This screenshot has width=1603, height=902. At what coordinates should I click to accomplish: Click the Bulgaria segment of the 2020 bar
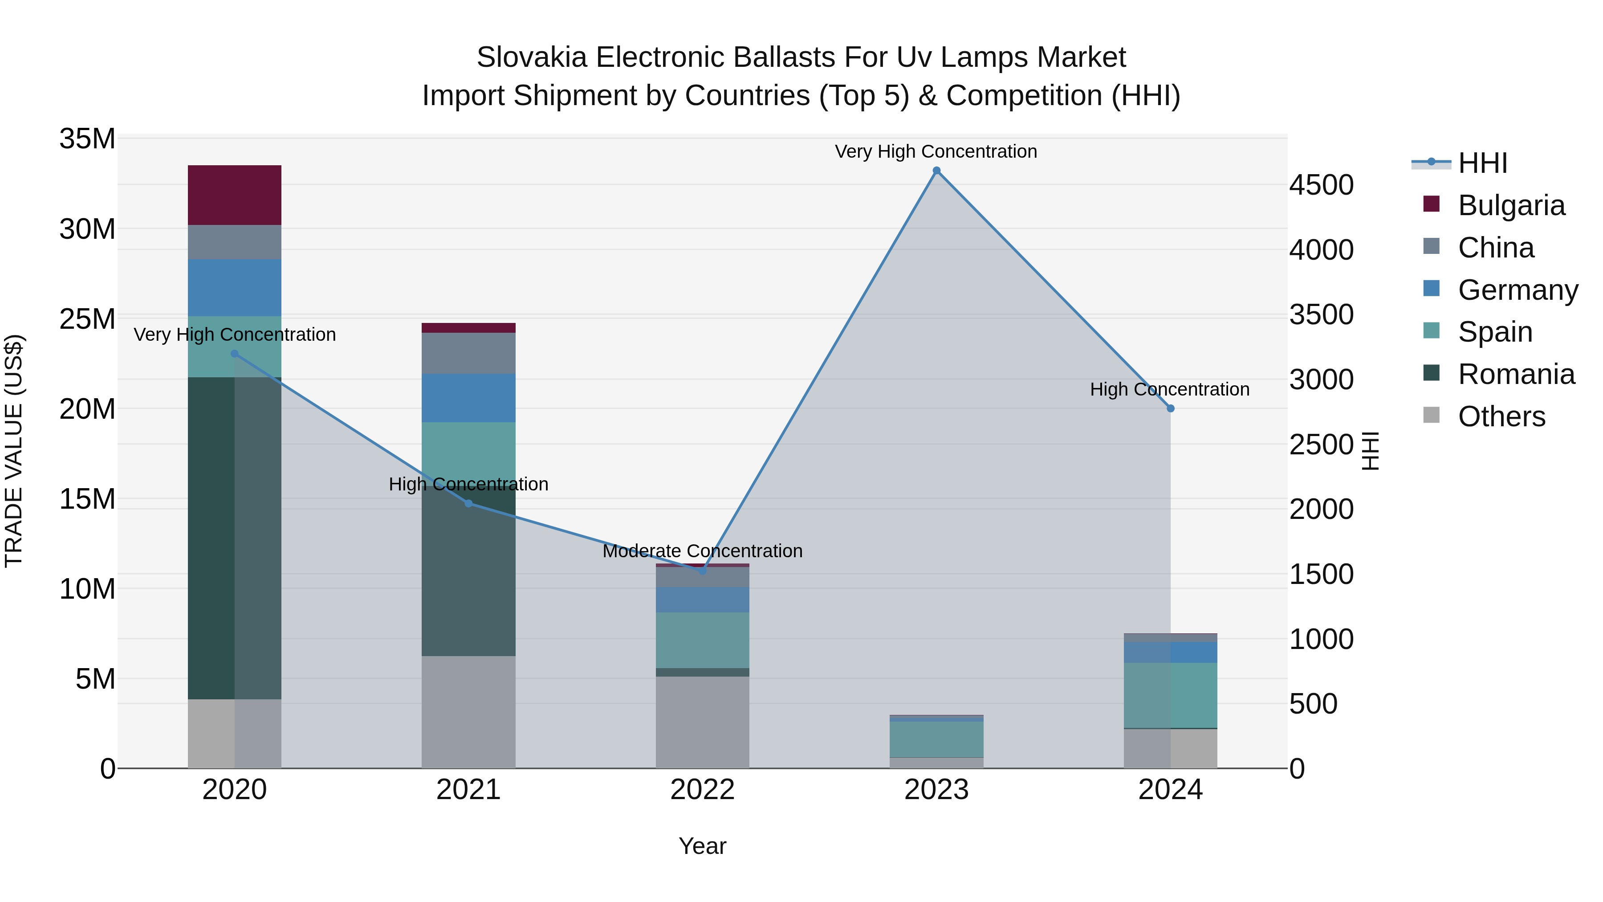point(235,195)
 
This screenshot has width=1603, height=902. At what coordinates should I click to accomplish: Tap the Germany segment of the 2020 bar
point(235,288)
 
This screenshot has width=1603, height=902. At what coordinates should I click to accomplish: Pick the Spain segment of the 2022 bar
point(703,640)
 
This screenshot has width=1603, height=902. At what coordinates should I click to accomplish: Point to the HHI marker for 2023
point(936,171)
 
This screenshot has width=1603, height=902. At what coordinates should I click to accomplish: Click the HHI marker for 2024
point(1171,408)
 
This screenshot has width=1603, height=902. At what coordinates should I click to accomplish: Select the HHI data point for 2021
point(468,503)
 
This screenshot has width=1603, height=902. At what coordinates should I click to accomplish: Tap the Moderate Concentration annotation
point(703,551)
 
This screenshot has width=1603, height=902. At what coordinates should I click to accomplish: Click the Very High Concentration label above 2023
point(936,151)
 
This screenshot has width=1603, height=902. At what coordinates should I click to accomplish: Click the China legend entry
point(1496,248)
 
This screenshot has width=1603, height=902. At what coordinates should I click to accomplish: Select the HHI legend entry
point(1482,163)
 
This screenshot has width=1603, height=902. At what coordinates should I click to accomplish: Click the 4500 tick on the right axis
point(1321,185)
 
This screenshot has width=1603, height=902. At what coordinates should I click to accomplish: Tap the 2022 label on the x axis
point(703,789)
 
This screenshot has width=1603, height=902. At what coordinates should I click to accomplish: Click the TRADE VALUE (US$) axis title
point(14,451)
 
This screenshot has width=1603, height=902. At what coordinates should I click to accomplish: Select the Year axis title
point(703,846)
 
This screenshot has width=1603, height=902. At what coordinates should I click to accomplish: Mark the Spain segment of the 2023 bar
point(936,739)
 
